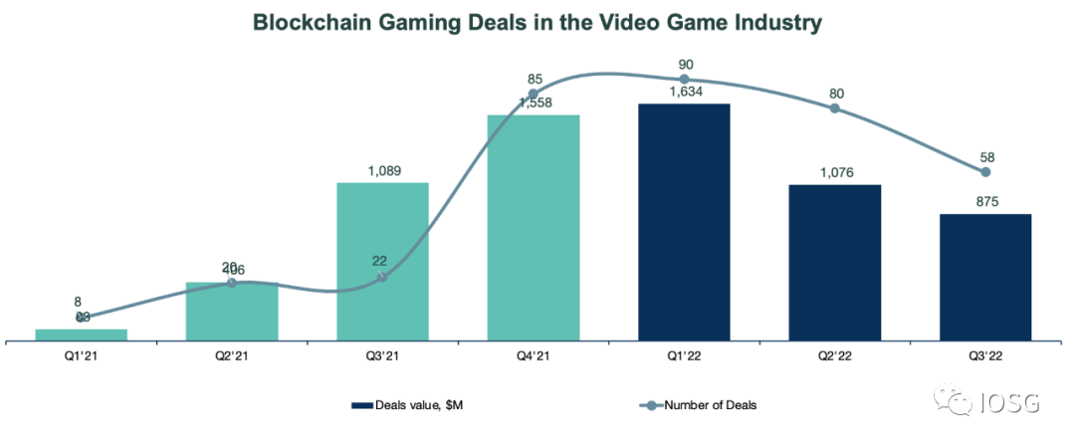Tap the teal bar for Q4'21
tap(533, 228)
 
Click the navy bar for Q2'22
tap(834, 263)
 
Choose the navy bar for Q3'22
tap(984, 278)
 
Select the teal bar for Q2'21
tap(232, 312)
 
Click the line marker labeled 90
tap(684, 79)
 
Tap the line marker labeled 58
tap(985, 172)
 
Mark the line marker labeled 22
tap(382, 277)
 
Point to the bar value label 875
tap(984, 202)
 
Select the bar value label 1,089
tap(382, 171)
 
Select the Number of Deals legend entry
tap(710, 405)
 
